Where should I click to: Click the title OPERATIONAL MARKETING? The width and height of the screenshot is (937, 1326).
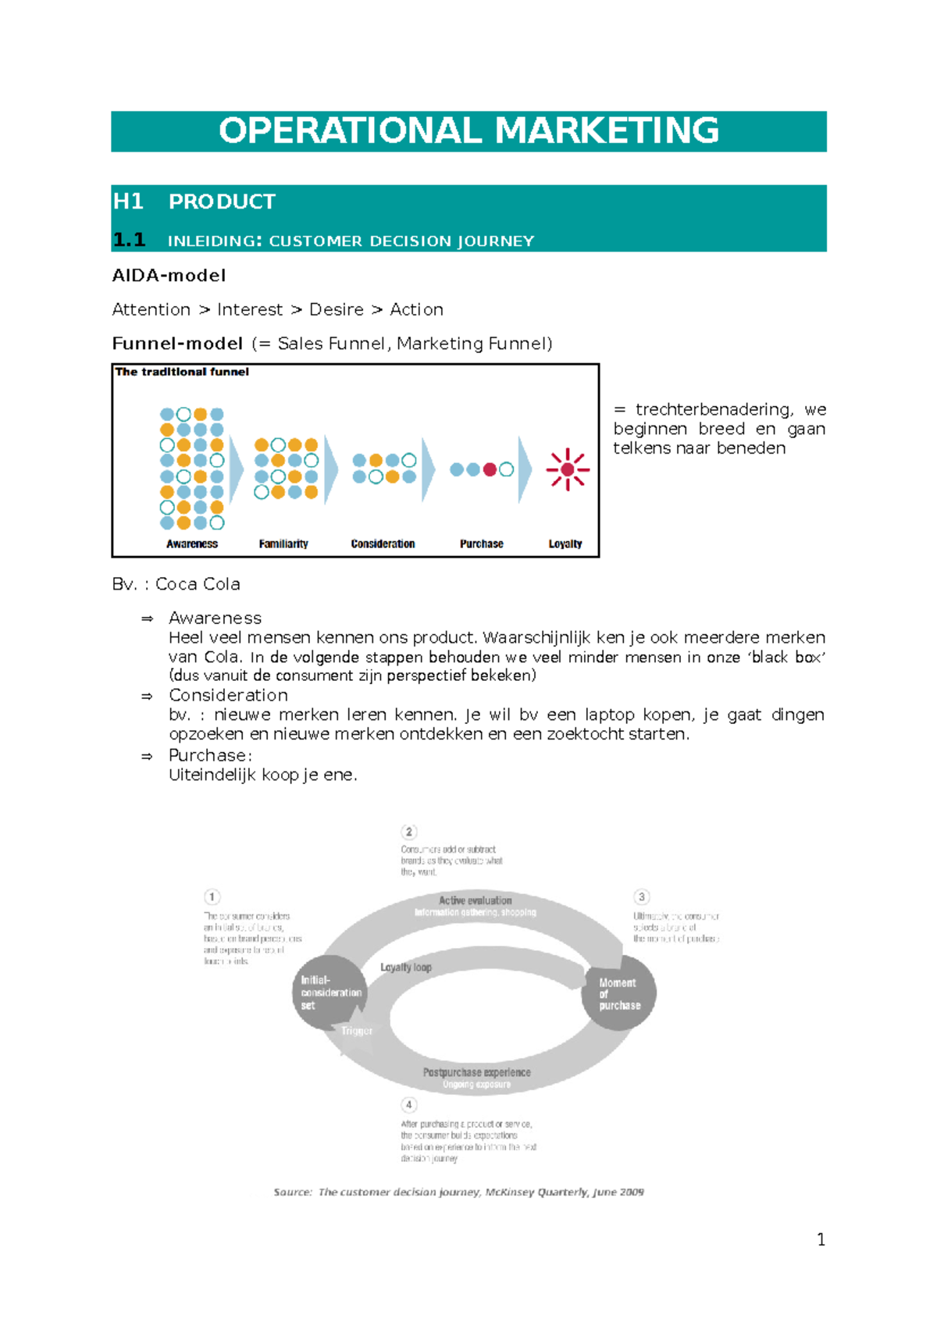468,130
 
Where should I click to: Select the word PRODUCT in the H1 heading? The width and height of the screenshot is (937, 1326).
222,201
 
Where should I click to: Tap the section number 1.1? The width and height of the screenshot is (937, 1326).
129,240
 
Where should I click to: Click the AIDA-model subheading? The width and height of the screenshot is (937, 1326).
169,275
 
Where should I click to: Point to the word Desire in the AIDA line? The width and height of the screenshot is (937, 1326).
336,309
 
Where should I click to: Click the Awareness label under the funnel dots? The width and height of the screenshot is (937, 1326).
192,544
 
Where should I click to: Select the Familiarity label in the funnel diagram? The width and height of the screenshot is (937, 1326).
283,544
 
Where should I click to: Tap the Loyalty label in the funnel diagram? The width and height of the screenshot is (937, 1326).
565,544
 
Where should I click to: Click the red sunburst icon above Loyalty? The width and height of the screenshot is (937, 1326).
568,469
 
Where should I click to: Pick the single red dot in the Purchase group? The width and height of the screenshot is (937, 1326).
490,469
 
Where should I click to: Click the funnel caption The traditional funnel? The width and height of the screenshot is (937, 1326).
182,372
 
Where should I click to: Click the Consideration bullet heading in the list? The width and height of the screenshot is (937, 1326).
228,695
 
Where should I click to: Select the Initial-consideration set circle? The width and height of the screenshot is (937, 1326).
330,992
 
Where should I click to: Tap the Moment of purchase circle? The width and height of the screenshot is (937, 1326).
618,993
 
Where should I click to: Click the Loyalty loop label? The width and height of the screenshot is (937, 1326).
406,967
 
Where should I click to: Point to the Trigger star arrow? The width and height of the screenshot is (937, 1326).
356,1031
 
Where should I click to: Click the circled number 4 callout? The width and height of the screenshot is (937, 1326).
409,1104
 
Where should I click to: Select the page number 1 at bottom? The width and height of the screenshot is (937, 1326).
821,1239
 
